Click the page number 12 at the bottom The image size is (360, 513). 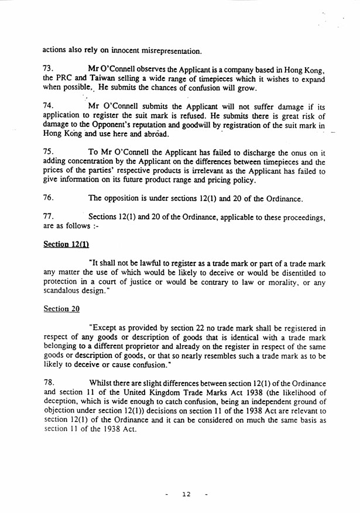coord(186,494)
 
